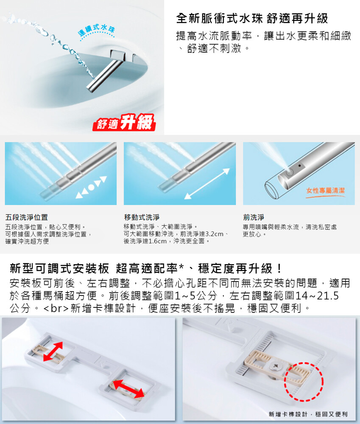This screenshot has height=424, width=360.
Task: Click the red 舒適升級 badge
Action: (124, 123)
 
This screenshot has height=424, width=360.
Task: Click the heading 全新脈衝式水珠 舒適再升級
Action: (252, 19)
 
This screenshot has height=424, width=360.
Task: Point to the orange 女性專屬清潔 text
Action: (325, 191)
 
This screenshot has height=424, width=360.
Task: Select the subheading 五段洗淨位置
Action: (27, 217)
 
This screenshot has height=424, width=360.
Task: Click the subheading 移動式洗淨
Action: (142, 217)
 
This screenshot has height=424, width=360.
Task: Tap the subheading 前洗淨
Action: (254, 217)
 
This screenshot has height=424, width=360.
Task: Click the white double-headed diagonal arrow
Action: (207, 184)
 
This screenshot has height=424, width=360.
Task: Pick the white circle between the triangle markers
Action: (92, 187)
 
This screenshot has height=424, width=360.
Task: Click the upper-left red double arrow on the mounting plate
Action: (53, 351)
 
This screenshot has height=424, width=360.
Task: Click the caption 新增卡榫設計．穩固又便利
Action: (308, 414)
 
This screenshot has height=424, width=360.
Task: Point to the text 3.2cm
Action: (214, 234)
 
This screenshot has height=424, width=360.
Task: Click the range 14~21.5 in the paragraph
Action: (317, 296)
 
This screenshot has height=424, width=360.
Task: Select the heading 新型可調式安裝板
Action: (59, 268)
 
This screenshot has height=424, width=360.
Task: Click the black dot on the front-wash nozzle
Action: (300, 165)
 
